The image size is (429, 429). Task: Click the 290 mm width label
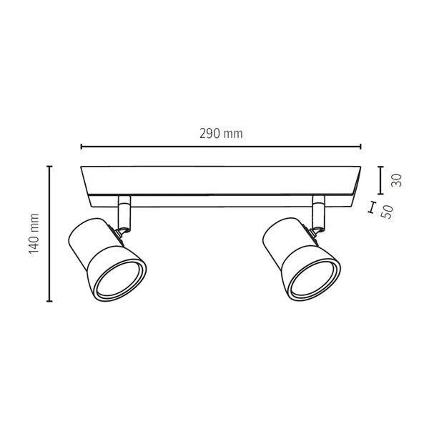pyautogui.click(x=221, y=134)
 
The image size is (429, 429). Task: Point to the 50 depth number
pyautogui.click(x=388, y=212)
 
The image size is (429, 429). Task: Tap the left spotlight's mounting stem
pyautogui.click(x=124, y=210)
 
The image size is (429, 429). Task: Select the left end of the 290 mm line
pyautogui.click(x=82, y=147)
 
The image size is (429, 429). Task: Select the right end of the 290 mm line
pyautogui.click(x=361, y=147)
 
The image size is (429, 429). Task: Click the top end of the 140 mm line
pyautogui.click(x=49, y=167)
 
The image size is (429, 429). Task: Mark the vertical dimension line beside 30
pyautogui.click(x=379, y=179)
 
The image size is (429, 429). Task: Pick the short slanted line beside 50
pyautogui.click(x=371, y=208)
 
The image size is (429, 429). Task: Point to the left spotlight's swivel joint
pyautogui.click(x=124, y=229)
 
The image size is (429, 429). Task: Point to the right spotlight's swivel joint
pyautogui.click(x=317, y=229)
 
